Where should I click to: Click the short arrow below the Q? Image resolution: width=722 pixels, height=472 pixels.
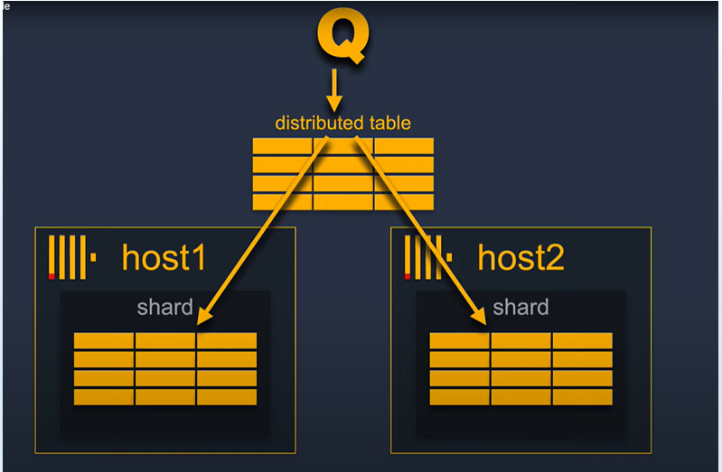click(x=334, y=89)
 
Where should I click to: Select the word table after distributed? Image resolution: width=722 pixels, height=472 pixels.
click(x=389, y=124)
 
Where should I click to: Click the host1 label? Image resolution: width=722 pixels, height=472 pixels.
click(x=164, y=258)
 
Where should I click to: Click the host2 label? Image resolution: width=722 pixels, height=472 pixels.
click(x=520, y=258)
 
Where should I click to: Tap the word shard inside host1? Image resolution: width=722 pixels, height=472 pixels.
click(x=164, y=308)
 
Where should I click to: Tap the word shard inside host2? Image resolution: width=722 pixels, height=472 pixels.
click(x=520, y=308)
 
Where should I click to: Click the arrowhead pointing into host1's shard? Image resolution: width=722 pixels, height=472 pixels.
click(x=204, y=315)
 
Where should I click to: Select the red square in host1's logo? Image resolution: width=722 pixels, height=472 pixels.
click(x=52, y=275)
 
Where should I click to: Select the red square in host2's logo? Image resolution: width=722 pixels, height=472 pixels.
click(x=408, y=275)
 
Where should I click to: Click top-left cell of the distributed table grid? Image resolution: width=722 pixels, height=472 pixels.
click(x=282, y=146)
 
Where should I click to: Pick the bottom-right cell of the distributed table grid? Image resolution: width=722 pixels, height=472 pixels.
click(x=404, y=201)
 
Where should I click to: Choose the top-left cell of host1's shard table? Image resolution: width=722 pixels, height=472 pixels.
click(x=104, y=340)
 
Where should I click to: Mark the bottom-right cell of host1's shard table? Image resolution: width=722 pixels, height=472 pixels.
click(x=227, y=397)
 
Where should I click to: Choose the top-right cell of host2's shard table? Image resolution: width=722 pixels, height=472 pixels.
click(x=583, y=340)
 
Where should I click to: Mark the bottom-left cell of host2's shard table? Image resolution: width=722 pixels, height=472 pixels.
click(x=459, y=397)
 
